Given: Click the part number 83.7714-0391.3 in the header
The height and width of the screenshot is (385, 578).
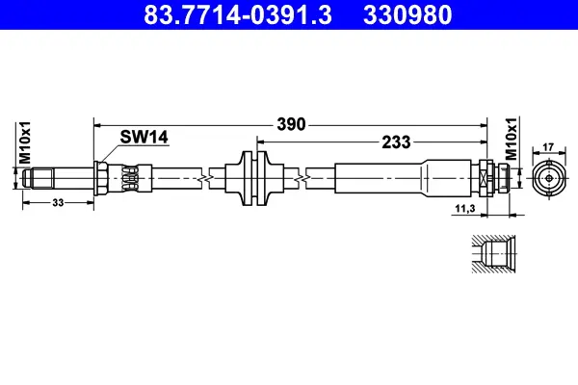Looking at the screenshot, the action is click(238, 14).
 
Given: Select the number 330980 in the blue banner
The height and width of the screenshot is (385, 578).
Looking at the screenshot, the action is click(407, 14).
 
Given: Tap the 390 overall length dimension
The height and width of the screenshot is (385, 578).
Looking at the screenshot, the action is click(291, 124).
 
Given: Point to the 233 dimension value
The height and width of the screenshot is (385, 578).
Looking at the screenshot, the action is click(396, 141).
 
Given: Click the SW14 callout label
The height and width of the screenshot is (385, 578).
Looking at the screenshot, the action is click(144, 137).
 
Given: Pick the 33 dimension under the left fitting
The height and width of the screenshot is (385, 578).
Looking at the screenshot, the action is click(58, 202).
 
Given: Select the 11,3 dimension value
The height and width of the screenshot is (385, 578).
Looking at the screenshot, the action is click(465, 209).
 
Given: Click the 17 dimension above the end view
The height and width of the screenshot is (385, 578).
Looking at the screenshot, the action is click(548, 147).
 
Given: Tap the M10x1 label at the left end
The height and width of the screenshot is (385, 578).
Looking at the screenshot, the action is click(25, 142).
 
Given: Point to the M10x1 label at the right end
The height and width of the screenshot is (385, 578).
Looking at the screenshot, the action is click(511, 139).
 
